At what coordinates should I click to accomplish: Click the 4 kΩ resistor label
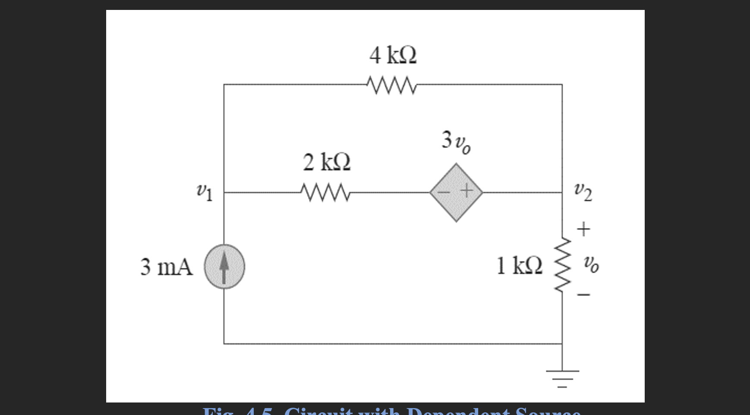click(x=393, y=56)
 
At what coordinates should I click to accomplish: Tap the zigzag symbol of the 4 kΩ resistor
click(x=391, y=85)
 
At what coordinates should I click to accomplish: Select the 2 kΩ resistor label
click(x=327, y=163)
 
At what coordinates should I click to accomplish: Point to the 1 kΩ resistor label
click(x=519, y=266)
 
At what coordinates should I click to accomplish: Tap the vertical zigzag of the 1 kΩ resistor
click(x=563, y=266)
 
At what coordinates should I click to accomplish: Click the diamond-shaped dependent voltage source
click(x=456, y=192)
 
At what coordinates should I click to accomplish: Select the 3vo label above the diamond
click(x=456, y=142)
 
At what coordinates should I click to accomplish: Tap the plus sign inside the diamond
click(x=466, y=191)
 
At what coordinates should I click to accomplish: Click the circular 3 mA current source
click(x=224, y=267)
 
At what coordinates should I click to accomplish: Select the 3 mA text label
click(x=166, y=267)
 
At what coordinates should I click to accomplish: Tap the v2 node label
click(x=583, y=192)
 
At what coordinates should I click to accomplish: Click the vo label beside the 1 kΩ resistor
click(x=591, y=264)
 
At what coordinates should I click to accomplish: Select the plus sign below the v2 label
click(x=583, y=229)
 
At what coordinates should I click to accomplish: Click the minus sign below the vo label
click(x=583, y=295)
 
